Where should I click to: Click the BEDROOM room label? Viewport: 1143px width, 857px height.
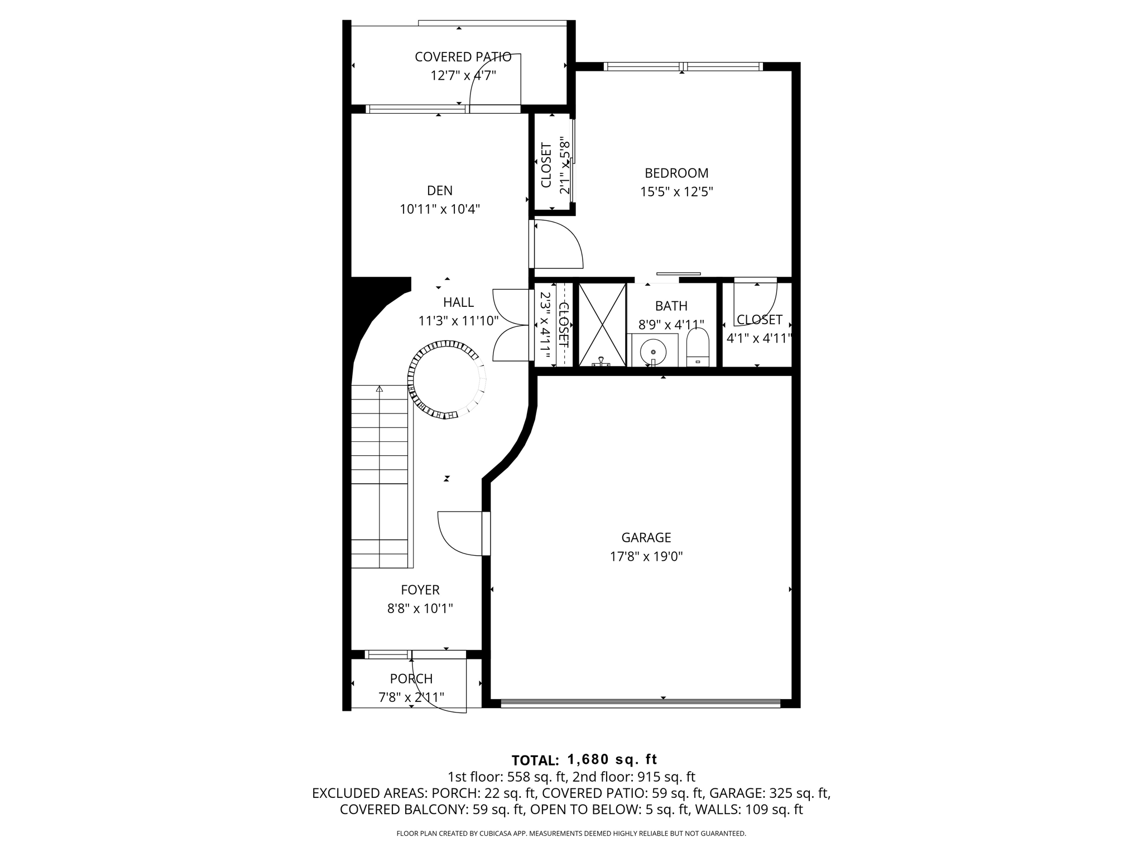(x=676, y=173)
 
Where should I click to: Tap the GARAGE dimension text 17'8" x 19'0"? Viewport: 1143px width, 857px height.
(x=646, y=556)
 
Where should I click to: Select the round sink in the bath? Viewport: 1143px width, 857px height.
(x=653, y=352)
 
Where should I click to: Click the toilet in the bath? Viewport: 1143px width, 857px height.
(x=697, y=348)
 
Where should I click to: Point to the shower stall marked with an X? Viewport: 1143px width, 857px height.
(x=602, y=325)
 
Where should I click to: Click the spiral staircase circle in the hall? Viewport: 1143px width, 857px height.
(x=446, y=381)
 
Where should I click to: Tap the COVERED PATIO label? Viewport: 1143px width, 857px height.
(x=463, y=57)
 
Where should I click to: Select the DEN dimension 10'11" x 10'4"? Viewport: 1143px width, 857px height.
(x=440, y=209)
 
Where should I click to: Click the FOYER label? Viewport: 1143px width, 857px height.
(x=420, y=590)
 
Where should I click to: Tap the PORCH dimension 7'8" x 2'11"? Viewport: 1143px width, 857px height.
(x=411, y=697)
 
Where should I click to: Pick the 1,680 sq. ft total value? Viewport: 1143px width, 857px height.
(x=612, y=759)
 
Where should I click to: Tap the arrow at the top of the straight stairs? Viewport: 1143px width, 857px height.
(x=380, y=389)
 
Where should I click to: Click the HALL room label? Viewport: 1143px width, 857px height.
(x=458, y=302)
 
